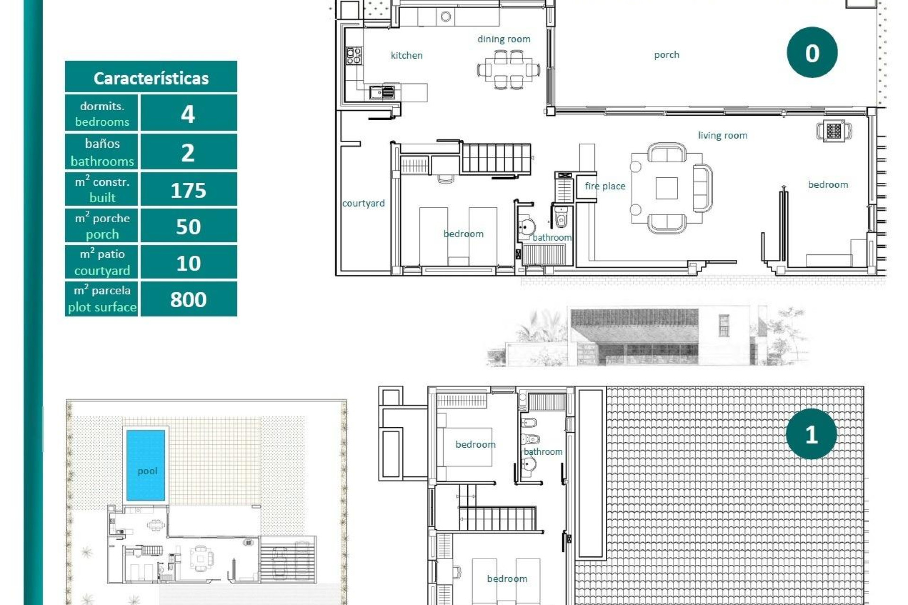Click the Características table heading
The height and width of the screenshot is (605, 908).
tap(151, 78)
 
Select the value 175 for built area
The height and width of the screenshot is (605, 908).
tap(188, 190)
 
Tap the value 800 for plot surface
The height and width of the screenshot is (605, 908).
tap(188, 299)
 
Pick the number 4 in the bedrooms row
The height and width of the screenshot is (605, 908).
tap(188, 114)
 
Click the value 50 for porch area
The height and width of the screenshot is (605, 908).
tap(188, 227)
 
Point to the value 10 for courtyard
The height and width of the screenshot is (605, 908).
tap(188, 263)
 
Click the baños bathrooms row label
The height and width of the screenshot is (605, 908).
tap(102, 152)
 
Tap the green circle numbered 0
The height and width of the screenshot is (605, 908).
tap(812, 53)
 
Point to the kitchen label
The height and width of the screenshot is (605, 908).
tap(406, 55)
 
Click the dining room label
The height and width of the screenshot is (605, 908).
tap(504, 39)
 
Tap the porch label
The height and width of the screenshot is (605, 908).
tap(666, 55)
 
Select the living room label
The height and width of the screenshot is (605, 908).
tap(722, 136)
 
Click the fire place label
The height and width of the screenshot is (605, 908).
tap(605, 186)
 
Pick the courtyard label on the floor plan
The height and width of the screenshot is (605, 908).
tap(363, 203)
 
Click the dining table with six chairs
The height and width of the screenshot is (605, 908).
tap(509, 70)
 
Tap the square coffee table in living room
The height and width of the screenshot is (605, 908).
tap(666, 188)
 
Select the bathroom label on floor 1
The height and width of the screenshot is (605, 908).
tap(543, 452)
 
